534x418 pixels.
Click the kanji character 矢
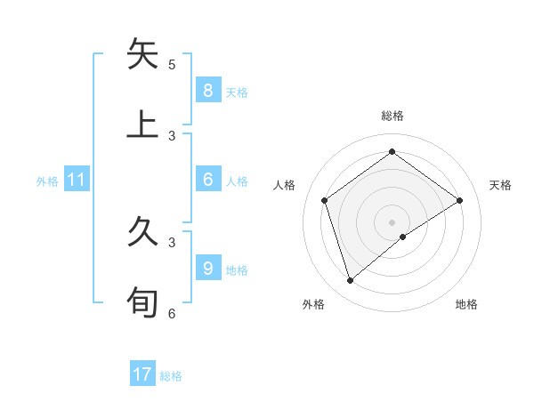[143, 54]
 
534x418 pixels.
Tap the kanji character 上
[143, 125]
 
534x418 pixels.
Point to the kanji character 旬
[143, 301]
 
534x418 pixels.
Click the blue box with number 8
[207, 90]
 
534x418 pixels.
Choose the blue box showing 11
[76, 180]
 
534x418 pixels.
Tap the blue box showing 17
[142, 374]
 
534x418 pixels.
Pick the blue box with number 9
[207, 268]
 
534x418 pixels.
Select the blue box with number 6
[207, 180]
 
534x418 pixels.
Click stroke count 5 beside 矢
[172, 64]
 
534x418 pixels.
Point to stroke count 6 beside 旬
[172, 313]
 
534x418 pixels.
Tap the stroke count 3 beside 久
[172, 241]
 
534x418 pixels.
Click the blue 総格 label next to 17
[171, 376]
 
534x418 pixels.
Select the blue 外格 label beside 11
[47, 181]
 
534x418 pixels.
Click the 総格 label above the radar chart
[392, 116]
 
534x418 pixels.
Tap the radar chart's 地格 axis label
[466, 304]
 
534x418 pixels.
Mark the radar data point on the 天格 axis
[459, 200]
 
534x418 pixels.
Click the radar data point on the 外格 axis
[351, 281]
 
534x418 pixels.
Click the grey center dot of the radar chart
[392, 221]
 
